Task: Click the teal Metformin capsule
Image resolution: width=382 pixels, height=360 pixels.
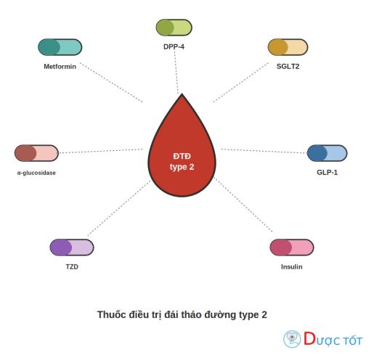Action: [60, 47]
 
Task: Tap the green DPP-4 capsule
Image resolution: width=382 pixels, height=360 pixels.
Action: [174, 28]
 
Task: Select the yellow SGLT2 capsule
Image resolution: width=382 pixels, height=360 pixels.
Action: [288, 47]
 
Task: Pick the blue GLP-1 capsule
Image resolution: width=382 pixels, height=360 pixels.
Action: [328, 153]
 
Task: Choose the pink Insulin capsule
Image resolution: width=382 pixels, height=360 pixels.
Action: [292, 247]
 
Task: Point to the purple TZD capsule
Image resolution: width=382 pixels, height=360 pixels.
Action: [72, 247]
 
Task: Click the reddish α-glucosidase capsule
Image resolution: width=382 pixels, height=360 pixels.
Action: [36, 153]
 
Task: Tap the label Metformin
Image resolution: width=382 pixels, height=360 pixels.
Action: [60, 67]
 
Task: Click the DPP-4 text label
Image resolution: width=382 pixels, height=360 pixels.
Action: [174, 46]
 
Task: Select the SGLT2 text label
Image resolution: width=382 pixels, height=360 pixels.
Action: [288, 67]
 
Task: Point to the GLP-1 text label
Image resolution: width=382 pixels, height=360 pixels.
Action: [328, 172]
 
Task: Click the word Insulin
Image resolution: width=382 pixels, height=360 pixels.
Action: [292, 267]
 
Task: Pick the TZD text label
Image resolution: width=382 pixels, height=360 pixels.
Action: [72, 267]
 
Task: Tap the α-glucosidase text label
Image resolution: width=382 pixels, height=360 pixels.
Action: [36, 173]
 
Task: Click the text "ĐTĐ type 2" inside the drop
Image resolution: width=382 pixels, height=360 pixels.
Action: [182, 161]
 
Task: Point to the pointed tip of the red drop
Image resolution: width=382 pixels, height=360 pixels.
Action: [182, 94]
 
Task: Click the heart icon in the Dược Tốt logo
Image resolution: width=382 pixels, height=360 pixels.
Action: [292, 338]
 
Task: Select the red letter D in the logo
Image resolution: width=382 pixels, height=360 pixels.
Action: [309, 338]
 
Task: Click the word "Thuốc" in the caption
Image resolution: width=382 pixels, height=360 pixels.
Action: [111, 314]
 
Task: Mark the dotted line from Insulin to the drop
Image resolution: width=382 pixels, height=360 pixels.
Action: [243, 205]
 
